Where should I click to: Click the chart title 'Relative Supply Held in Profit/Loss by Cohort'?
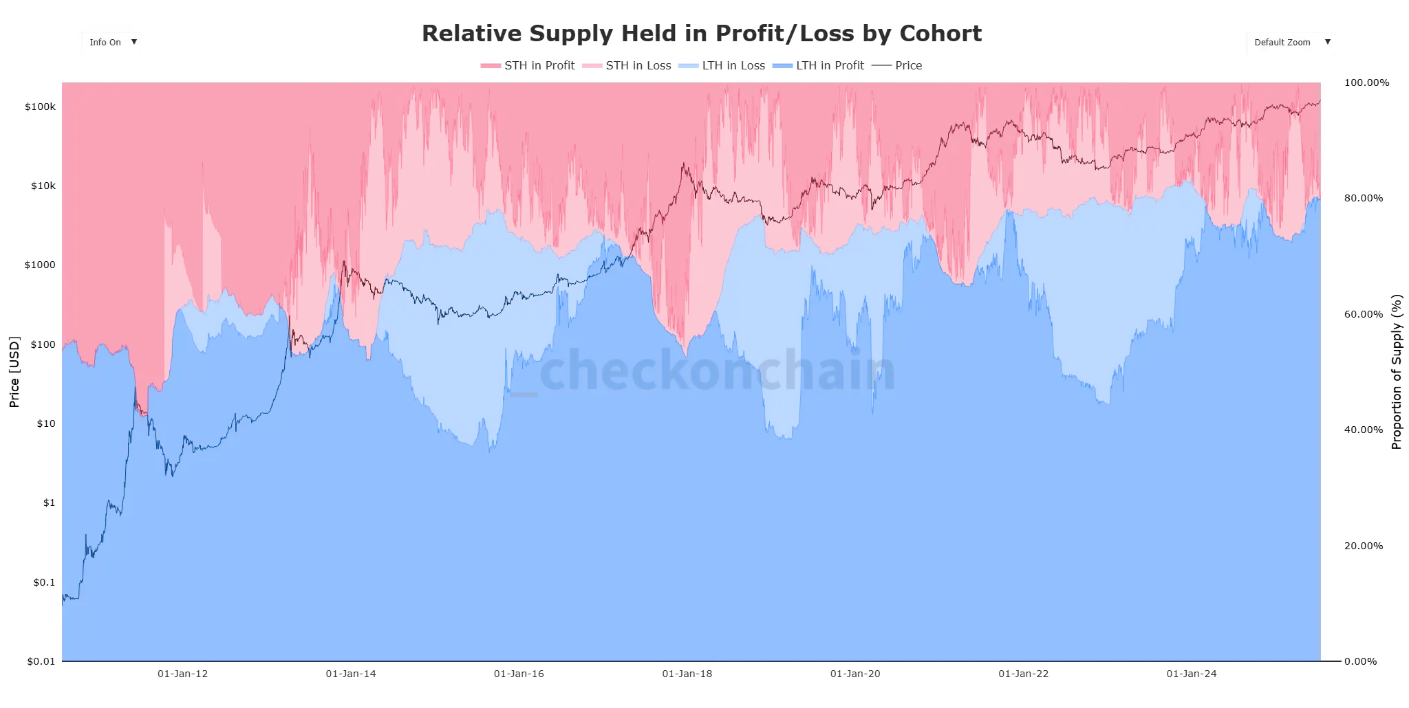click(x=701, y=34)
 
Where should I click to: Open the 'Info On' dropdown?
click(x=111, y=43)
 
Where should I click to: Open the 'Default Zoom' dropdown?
click(x=1290, y=43)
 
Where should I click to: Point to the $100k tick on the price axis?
click(x=40, y=107)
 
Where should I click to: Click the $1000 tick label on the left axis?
click(x=40, y=265)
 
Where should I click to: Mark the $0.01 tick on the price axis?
click(x=41, y=661)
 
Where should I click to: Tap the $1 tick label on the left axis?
click(x=49, y=503)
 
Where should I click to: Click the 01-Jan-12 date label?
click(x=182, y=674)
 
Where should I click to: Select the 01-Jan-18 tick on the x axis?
click(x=687, y=674)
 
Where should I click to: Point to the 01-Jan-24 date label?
click(x=1191, y=674)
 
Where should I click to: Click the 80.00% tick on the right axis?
click(x=1363, y=199)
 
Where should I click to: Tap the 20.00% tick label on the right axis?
click(x=1363, y=546)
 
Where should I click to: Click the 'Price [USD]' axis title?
click(x=14, y=372)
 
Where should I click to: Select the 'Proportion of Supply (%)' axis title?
click(x=1396, y=372)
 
